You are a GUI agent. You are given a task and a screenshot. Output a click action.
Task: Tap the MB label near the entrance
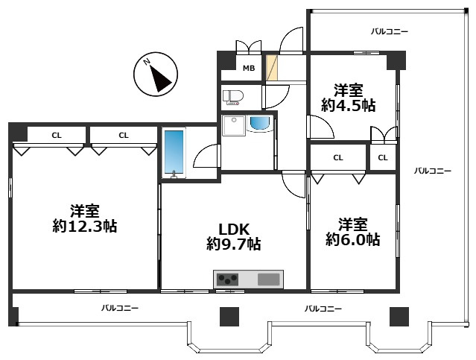tap(248, 69)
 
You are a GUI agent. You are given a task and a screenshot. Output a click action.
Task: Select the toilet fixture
tap(233, 96)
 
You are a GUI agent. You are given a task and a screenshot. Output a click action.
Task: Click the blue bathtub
tap(174, 153)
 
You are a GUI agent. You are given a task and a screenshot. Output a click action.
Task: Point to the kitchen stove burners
tap(227, 280)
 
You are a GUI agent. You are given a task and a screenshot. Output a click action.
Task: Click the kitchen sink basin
tap(268, 280)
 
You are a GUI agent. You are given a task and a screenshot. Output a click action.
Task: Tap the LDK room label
tap(233, 229)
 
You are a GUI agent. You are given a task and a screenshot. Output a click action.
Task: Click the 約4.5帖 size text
tap(349, 105)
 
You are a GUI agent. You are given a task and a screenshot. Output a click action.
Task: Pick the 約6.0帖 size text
tap(352, 240)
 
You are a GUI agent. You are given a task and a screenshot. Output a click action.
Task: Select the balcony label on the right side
tap(433, 171)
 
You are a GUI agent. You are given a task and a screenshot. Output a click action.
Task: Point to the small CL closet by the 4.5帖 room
tap(382, 157)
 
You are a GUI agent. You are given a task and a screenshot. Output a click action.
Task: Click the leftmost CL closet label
tap(57, 135)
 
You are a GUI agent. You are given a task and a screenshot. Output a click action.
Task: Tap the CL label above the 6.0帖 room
tap(338, 157)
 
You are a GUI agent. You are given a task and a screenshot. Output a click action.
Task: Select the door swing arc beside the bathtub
tap(204, 157)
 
